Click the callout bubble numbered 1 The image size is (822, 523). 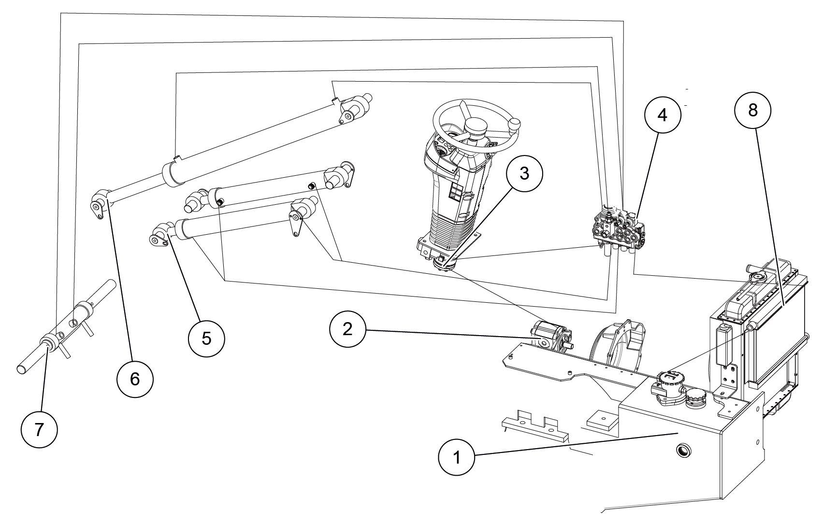pyautogui.click(x=457, y=457)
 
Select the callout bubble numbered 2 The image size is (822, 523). pyautogui.click(x=348, y=329)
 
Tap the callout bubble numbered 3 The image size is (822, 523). pyautogui.click(x=524, y=174)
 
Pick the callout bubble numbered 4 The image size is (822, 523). pyautogui.click(x=662, y=115)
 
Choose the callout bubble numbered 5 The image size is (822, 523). pyautogui.click(x=206, y=338)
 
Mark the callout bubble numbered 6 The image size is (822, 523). pyautogui.click(x=135, y=379)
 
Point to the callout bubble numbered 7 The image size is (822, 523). pyautogui.click(x=39, y=429)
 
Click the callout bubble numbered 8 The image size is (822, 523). pyautogui.click(x=752, y=110)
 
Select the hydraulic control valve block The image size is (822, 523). pyautogui.click(x=620, y=229)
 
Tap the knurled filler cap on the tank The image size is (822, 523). pyautogui.click(x=695, y=399)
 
